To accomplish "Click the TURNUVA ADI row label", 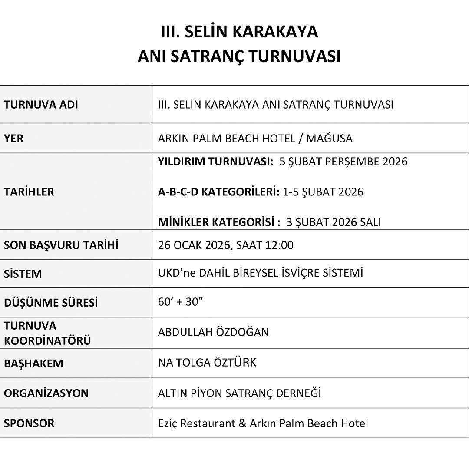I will click(41, 105).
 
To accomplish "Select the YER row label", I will click(14, 139).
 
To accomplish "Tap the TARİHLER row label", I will click(29, 192).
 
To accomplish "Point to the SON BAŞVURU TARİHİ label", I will click(61, 245).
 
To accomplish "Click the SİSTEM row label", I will click(23, 274).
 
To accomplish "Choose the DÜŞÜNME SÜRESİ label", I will click(51, 303).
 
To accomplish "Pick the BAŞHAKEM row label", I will click(33, 363).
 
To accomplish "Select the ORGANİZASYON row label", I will click(46, 393).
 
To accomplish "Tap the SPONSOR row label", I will click(29, 423).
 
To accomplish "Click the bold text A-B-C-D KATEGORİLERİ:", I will click(219, 192).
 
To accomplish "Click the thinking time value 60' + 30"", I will click(181, 302).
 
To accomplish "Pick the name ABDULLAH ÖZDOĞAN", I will click(213, 332).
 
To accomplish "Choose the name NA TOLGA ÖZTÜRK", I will click(207, 362).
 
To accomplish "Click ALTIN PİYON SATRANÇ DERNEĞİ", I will click(239, 393).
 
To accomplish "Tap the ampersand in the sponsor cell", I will click(242, 423).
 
